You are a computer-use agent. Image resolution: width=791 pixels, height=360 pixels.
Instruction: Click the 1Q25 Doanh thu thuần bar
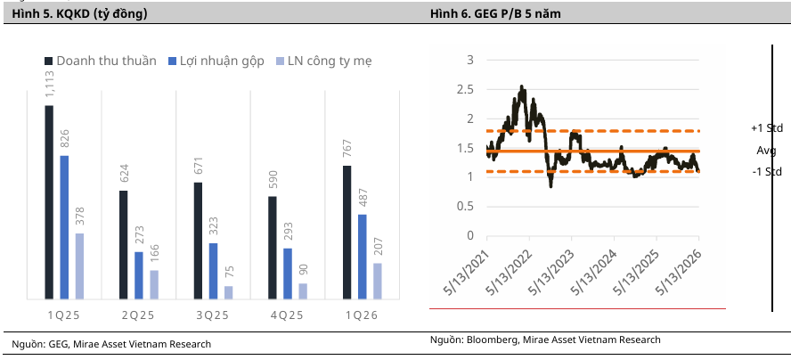tap(49, 202)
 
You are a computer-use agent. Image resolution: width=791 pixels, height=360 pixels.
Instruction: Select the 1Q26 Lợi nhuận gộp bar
tap(363, 257)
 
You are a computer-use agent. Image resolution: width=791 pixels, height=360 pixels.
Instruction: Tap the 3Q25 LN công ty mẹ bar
tap(229, 292)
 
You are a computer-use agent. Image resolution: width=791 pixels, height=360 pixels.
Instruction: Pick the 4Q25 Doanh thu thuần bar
tap(273, 248)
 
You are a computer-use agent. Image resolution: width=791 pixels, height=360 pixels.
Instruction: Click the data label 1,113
tap(50, 86)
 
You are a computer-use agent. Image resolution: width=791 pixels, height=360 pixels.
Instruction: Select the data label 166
tap(154, 255)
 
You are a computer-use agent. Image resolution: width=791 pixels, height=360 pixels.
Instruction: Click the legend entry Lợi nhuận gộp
tap(216, 61)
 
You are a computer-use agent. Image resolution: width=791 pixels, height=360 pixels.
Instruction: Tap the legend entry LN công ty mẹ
tap(324, 61)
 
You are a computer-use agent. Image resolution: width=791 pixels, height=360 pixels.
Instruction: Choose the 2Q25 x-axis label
tap(138, 315)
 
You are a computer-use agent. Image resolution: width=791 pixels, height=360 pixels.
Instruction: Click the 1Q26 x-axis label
tap(361, 315)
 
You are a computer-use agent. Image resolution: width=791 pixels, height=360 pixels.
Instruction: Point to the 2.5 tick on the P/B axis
tap(467, 89)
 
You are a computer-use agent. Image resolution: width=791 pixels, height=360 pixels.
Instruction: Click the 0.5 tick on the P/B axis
tap(467, 206)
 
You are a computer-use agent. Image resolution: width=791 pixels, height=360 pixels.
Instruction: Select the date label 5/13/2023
tap(552, 271)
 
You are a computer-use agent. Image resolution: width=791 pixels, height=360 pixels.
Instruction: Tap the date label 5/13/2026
tap(679, 271)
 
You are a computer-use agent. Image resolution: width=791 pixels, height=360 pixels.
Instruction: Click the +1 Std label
tap(767, 128)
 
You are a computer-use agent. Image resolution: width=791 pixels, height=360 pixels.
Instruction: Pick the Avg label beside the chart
tap(766, 150)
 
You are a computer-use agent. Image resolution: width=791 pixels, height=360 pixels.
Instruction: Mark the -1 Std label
tap(767, 172)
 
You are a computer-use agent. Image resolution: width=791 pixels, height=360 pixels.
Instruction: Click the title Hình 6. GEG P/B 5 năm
tap(495, 14)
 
